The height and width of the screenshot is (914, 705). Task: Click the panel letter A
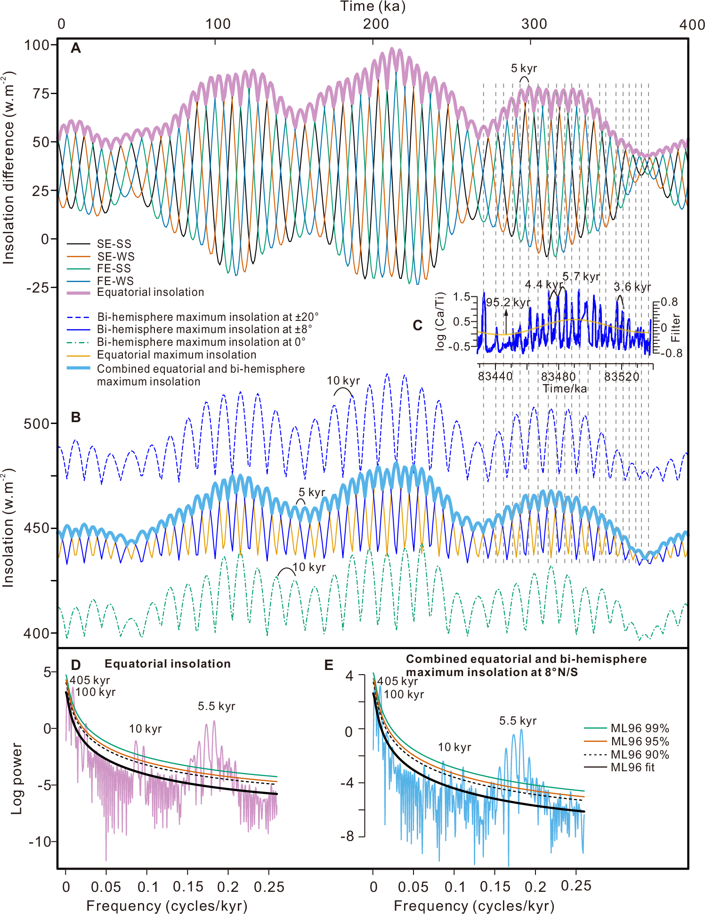click(75, 48)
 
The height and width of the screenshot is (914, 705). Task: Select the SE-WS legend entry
click(115, 256)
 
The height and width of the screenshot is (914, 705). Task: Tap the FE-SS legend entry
click(113, 269)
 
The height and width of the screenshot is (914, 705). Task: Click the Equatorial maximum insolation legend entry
click(176, 355)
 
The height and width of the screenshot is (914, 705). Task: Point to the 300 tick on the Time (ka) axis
click(534, 24)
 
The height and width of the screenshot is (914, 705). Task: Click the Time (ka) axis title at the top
click(373, 7)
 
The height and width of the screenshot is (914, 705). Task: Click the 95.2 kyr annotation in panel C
click(508, 302)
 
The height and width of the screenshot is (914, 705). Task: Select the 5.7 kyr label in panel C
click(581, 277)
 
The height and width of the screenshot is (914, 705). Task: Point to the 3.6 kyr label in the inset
click(632, 287)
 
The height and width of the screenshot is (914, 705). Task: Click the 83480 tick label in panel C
click(558, 376)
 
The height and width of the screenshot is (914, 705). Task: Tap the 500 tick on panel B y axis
click(37, 424)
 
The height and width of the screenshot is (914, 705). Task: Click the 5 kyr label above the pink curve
click(524, 69)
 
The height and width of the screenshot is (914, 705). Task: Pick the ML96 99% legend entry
click(640, 728)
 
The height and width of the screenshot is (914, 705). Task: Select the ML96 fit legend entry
click(632, 767)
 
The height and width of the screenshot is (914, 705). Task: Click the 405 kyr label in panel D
click(89, 680)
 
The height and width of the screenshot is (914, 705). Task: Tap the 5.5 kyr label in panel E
click(518, 721)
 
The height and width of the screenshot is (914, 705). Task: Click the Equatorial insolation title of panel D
click(167, 664)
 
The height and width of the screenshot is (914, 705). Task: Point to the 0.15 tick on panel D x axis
click(188, 887)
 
